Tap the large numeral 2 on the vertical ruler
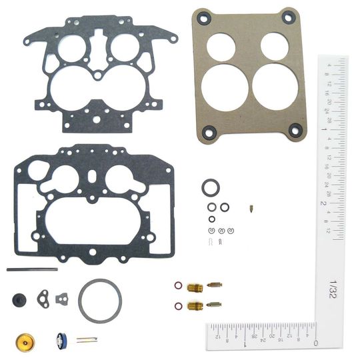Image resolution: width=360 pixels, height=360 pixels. [x=322, y=201]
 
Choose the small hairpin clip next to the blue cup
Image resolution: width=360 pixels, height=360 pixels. [x=86, y=340]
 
